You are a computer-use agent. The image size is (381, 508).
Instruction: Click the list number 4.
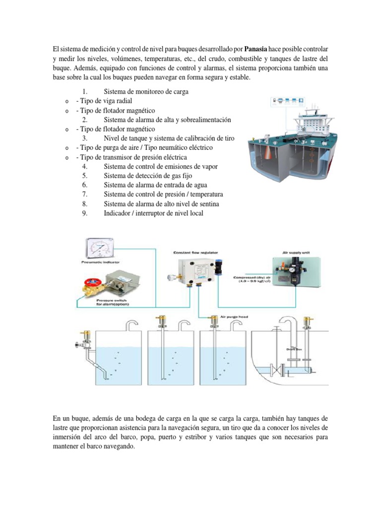[85, 167]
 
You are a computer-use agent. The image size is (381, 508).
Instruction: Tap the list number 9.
[85, 213]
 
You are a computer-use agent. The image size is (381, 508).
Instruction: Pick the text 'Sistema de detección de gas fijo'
[147, 176]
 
